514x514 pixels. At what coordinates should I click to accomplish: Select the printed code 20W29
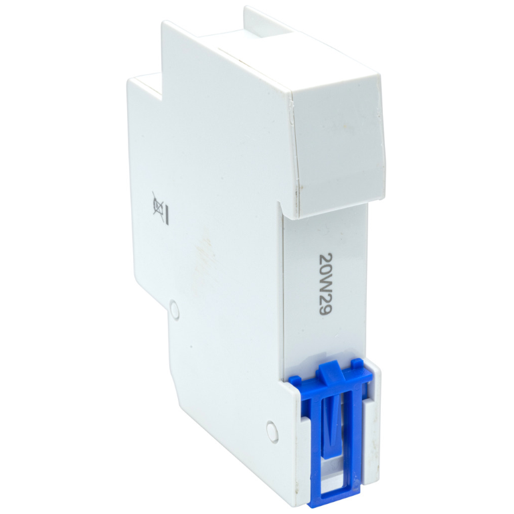pos(325,284)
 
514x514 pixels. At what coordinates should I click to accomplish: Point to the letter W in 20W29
pos(325,283)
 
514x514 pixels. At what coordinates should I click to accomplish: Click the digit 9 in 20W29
pos(325,310)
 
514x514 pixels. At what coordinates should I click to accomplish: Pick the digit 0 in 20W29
pos(325,269)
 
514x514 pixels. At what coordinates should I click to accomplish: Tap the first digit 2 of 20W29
pos(325,257)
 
